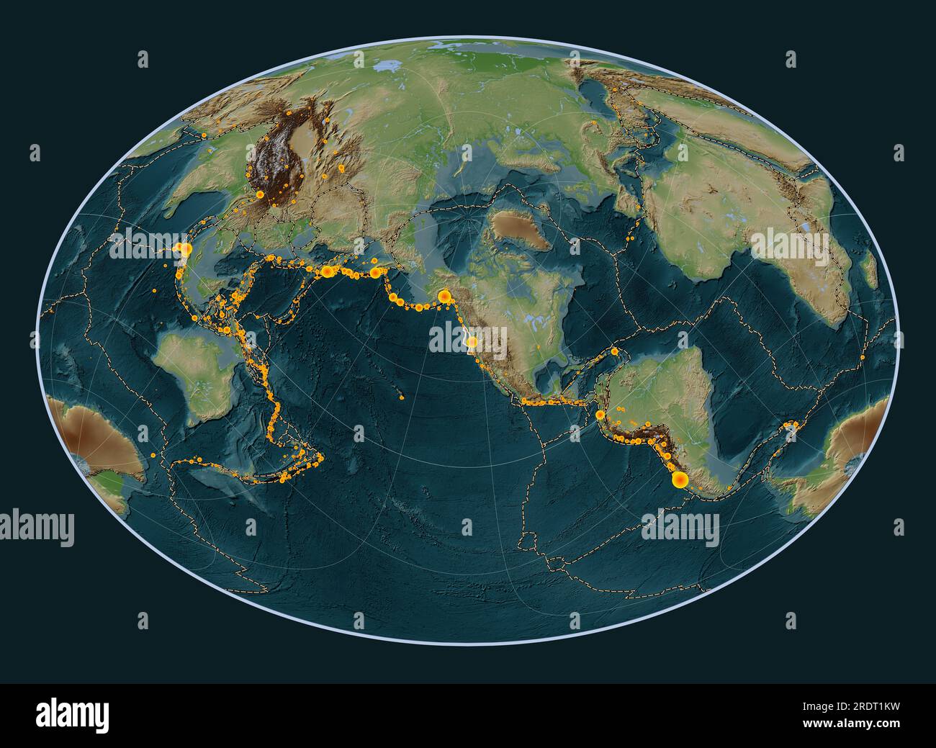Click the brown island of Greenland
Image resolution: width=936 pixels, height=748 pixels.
coord(517,230)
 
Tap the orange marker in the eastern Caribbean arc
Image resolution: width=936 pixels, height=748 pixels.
coord(615,352)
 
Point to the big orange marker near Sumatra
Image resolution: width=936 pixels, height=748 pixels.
coord(185,249)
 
